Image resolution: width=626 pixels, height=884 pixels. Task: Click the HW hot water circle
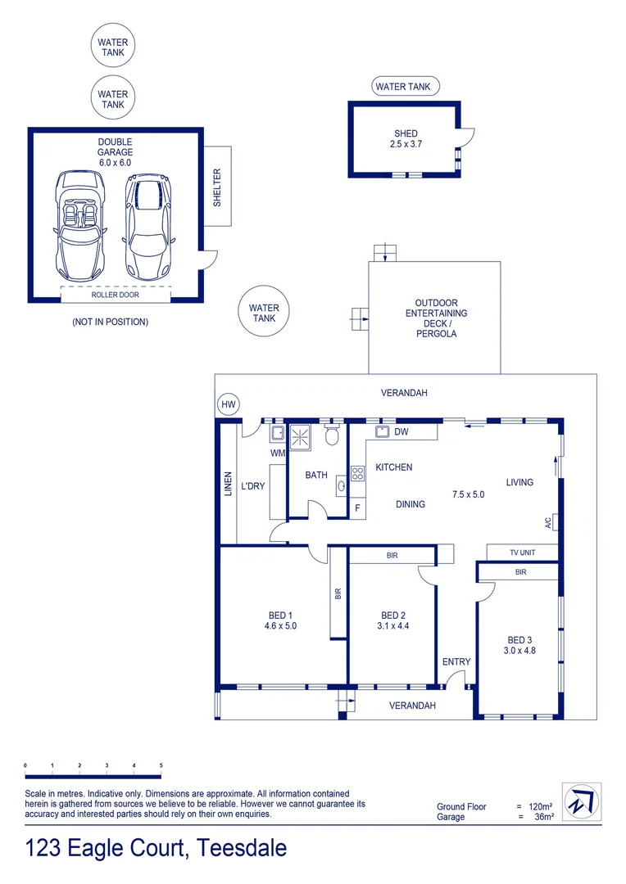click(228, 405)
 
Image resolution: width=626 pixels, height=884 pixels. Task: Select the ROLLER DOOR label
click(115, 295)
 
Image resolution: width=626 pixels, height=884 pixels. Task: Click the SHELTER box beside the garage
click(217, 187)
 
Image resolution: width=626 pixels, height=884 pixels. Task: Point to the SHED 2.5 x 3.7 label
click(406, 138)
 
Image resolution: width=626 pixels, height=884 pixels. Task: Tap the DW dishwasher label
click(401, 431)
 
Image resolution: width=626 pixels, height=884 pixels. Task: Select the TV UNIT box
click(522, 552)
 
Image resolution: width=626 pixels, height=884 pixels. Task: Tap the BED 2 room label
click(393, 616)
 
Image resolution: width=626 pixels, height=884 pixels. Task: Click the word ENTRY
click(456, 661)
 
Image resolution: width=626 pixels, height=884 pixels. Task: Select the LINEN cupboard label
click(229, 484)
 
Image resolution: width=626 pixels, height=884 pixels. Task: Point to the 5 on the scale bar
click(161, 765)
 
